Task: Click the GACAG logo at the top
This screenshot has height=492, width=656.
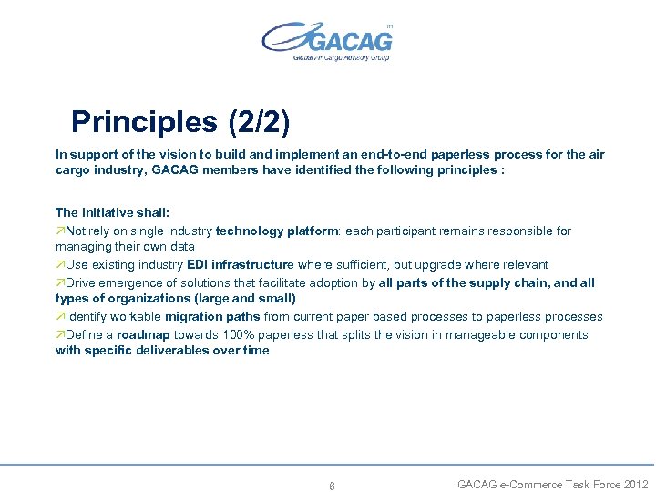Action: (327, 41)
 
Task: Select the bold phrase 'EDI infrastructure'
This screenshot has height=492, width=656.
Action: (241, 264)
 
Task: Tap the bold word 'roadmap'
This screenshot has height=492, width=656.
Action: (143, 334)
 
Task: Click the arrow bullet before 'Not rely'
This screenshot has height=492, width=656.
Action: (60, 231)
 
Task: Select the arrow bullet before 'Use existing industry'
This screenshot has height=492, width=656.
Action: (60, 264)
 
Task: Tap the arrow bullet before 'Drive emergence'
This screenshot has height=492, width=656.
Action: (60, 282)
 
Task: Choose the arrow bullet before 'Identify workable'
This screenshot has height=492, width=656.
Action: (60, 316)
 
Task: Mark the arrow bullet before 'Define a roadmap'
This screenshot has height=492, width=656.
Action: (60, 334)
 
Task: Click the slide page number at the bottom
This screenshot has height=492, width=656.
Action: (332, 486)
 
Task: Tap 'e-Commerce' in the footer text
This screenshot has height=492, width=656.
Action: (531, 484)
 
